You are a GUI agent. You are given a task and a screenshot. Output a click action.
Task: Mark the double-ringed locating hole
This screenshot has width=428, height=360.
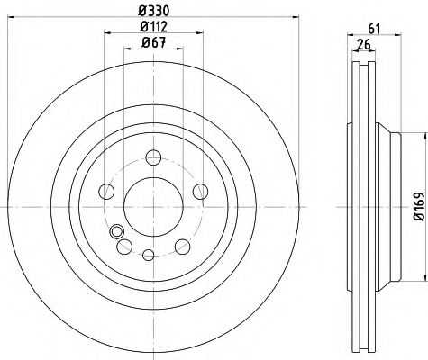click(x=116, y=232)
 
